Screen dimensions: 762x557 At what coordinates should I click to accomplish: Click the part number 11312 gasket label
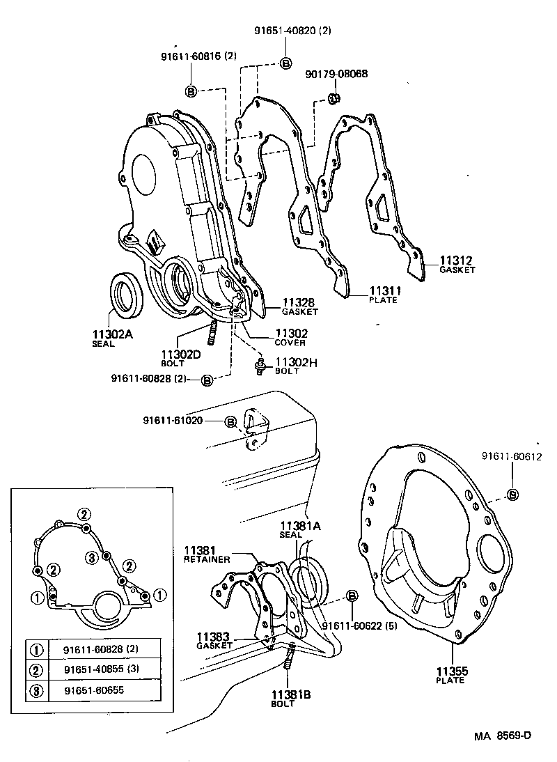(457, 265)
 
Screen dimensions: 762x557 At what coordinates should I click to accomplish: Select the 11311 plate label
(383, 295)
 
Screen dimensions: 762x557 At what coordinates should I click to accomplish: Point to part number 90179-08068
(336, 74)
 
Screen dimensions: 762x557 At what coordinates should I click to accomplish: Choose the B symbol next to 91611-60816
(191, 91)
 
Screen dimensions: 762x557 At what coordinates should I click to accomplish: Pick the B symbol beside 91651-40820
(285, 63)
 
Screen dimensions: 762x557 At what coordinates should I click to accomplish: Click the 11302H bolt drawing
(260, 364)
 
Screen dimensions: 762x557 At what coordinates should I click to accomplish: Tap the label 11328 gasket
(299, 306)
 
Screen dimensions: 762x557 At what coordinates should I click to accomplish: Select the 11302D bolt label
(181, 358)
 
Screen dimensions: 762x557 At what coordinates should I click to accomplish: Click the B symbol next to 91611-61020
(230, 421)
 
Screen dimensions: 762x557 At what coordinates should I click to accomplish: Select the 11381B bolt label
(283, 699)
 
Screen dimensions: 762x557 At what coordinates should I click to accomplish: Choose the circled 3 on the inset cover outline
(91, 557)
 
